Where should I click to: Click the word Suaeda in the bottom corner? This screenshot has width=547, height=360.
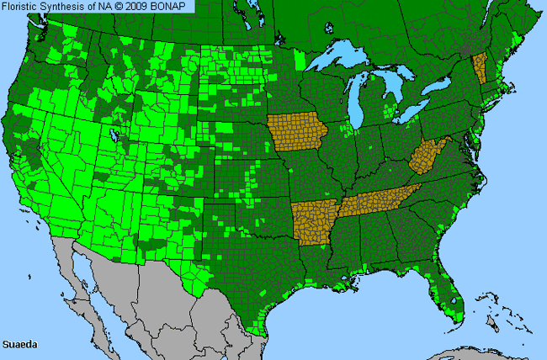[x=19, y=344]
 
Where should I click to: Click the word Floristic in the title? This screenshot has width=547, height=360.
[x=24, y=7]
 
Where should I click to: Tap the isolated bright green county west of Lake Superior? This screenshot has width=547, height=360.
[x=300, y=61]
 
